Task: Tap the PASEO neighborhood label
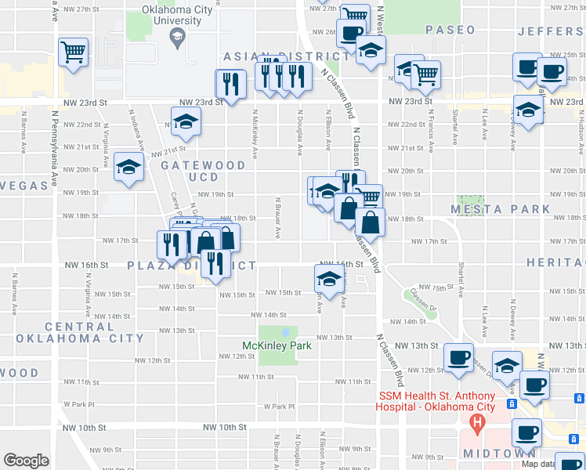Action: tap(450, 30)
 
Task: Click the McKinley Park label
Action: tap(276, 345)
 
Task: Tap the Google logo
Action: tap(26, 461)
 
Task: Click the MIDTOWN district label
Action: tap(498, 454)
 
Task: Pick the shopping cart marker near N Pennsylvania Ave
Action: tap(73, 52)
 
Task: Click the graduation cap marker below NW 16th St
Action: tap(330, 278)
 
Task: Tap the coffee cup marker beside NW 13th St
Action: tap(458, 357)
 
